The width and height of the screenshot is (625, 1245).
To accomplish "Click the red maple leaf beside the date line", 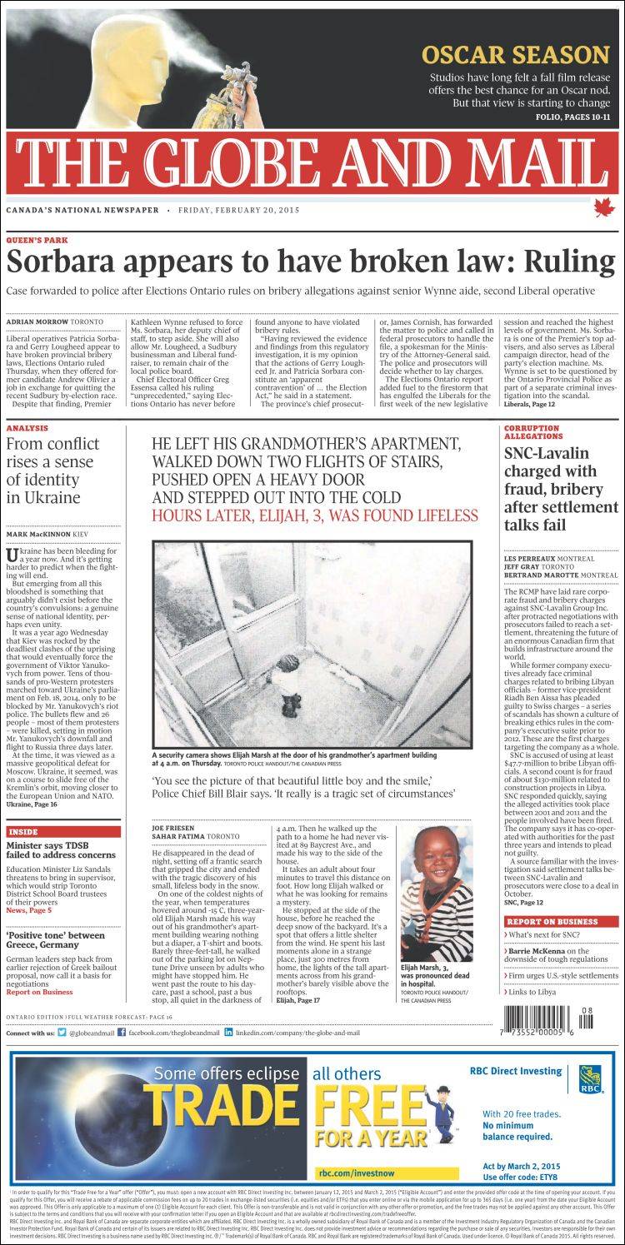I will [602, 207].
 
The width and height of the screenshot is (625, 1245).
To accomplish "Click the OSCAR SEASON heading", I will [515, 56].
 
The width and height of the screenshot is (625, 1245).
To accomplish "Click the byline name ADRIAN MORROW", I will [37, 321].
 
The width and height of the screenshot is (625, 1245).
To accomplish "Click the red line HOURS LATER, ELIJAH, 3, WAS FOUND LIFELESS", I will [315, 515].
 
